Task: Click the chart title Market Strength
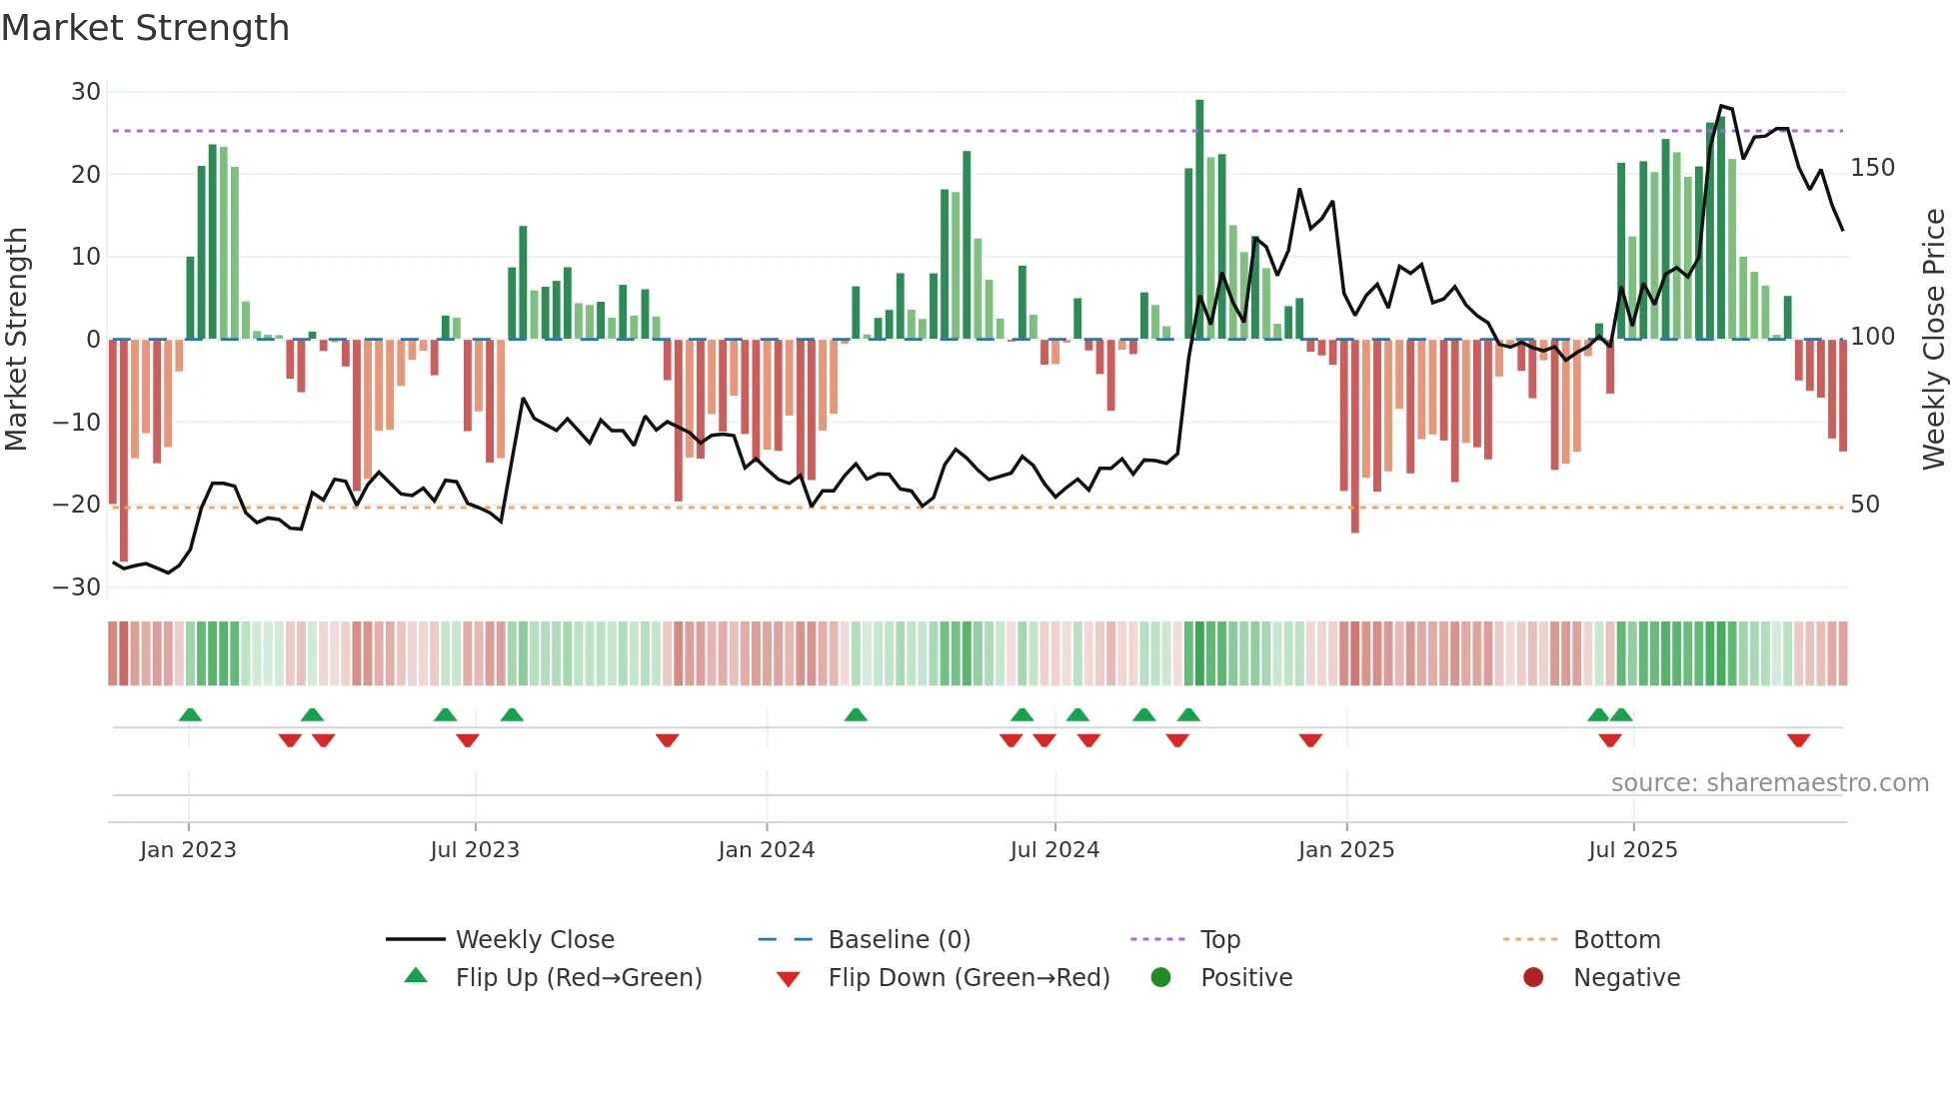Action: click(145, 28)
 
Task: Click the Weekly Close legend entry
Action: click(534, 939)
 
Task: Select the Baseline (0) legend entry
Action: click(899, 939)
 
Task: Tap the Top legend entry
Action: click(1219, 939)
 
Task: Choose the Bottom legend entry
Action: click(1616, 939)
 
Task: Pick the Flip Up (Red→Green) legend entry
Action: click(578, 977)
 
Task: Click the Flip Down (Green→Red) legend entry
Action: click(968, 977)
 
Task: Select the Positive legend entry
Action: click(1245, 977)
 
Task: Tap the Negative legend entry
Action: click(1626, 977)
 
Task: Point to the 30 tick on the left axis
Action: click(86, 92)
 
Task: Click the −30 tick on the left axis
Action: click(77, 587)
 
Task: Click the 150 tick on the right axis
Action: click(1872, 168)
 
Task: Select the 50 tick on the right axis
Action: click(1865, 505)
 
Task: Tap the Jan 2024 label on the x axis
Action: click(766, 850)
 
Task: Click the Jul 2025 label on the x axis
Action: click(1632, 850)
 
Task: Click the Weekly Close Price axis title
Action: click(1934, 340)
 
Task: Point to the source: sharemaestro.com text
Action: click(1769, 783)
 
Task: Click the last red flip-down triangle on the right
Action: click(1798, 740)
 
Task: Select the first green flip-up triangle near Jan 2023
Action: click(190, 714)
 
